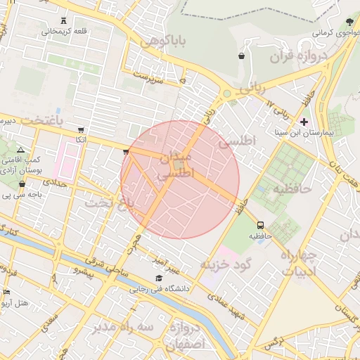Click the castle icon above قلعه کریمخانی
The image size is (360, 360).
pyautogui.click(x=65, y=20)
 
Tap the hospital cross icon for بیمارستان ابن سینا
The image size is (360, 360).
pyautogui.click(x=304, y=122)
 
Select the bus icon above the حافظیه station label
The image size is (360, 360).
pyautogui.click(x=262, y=226)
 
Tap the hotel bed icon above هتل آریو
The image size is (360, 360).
pyautogui.click(x=6, y=292)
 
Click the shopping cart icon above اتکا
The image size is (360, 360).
pyautogui.click(x=82, y=129)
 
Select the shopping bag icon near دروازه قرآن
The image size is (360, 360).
pyautogui.click(x=242, y=56)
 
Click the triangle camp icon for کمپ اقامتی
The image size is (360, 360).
pyautogui.click(x=20, y=150)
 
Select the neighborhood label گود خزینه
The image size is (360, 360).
pyautogui.click(x=226, y=264)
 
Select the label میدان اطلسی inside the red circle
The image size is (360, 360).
pyautogui.click(x=176, y=163)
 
